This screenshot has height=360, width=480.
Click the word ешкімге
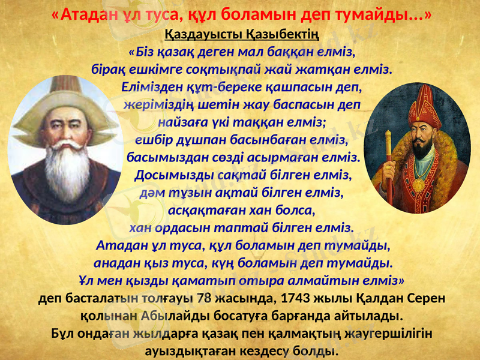(x=143, y=68)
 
